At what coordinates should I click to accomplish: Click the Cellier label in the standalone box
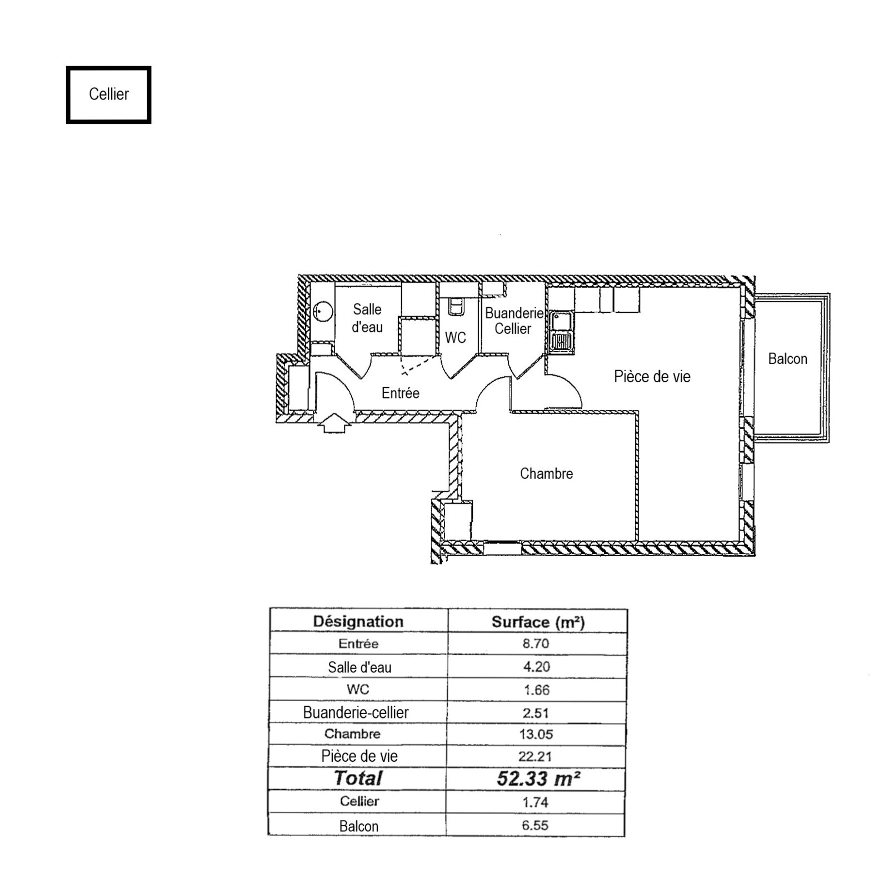coord(109,94)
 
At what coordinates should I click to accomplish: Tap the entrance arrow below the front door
coord(332,423)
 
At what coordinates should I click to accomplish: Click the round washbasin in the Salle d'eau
coord(322,312)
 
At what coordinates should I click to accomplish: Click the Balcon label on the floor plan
coord(787,359)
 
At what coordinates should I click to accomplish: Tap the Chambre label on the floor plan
coord(546,473)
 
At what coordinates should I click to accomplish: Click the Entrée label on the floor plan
coord(400,393)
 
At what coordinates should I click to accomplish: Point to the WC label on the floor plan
coord(456,338)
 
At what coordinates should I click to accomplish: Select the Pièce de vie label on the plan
coord(652,377)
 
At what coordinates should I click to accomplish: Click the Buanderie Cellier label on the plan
coord(514,321)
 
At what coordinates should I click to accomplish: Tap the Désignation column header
coord(358,621)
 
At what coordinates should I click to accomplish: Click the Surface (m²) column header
coord(538,622)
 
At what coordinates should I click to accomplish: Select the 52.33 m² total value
coord(538,778)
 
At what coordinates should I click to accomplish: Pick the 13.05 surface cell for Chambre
coord(536,734)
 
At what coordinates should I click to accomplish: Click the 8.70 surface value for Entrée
coord(536,643)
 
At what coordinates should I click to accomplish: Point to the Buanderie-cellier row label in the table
coord(356,712)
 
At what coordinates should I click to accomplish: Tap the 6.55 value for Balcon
coord(535,825)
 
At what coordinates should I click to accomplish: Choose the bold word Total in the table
coord(358,778)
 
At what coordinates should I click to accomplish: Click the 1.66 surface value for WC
coord(536,690)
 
